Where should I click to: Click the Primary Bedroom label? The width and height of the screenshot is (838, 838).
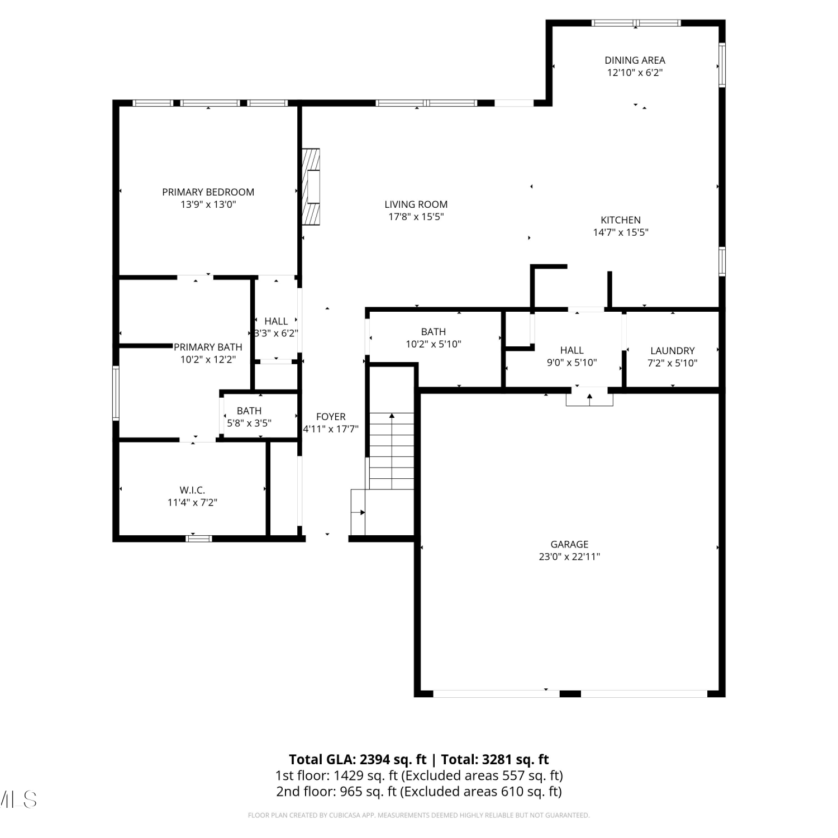[x=208, y=192]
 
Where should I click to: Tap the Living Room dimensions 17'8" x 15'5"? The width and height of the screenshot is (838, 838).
[x=416, y=217]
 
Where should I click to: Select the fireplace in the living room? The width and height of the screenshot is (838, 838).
[x=311, y=187]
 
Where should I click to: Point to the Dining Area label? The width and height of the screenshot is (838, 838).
[x=635, y=60]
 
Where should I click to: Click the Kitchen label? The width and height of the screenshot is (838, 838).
[x=621, y=220]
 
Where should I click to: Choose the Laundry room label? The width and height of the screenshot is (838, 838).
[x=673, y=351]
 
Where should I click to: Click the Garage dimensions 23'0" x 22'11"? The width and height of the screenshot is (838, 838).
[x=569, y=556]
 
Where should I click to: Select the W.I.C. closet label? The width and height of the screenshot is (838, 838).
[x=192, y=490]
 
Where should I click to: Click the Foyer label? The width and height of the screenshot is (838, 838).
[x=331, y=417]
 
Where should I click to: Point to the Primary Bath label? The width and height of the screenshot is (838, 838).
[x=208, y=347]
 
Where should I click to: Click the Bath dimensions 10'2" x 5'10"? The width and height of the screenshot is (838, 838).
[x=434, y=344]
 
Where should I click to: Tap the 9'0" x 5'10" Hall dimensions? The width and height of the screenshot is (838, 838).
[x=572, y=363]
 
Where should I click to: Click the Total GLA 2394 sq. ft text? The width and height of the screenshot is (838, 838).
[x=358, y=760]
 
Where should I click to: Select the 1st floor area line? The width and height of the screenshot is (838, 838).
[x=419, y=775]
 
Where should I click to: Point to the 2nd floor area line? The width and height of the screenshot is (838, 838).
[x=419, y=792]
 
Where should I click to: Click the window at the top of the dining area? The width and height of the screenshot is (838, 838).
[x=636, y=23]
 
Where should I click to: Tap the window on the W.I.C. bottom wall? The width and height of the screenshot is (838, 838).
[x=199, y=539]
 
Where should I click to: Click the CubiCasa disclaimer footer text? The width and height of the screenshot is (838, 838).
[x=418, y=816]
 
